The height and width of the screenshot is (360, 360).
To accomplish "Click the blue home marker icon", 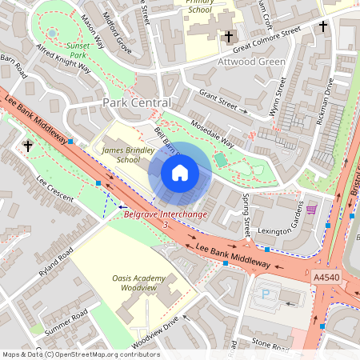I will click(x=180, y=172).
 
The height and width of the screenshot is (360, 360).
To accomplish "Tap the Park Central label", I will click(x=137, y=104).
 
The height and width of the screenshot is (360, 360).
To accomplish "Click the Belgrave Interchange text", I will click(x=166, y=214).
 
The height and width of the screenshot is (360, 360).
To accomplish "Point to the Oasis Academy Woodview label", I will click(x=139, y=283).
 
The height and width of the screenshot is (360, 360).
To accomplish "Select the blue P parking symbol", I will click(x=266, y=293).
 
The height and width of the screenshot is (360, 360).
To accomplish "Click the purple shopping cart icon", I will click(x=311, y=209).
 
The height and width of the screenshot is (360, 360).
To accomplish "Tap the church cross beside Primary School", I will click(x=228, y=37).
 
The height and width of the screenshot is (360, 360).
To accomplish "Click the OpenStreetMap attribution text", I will click(x=80, y=354).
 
